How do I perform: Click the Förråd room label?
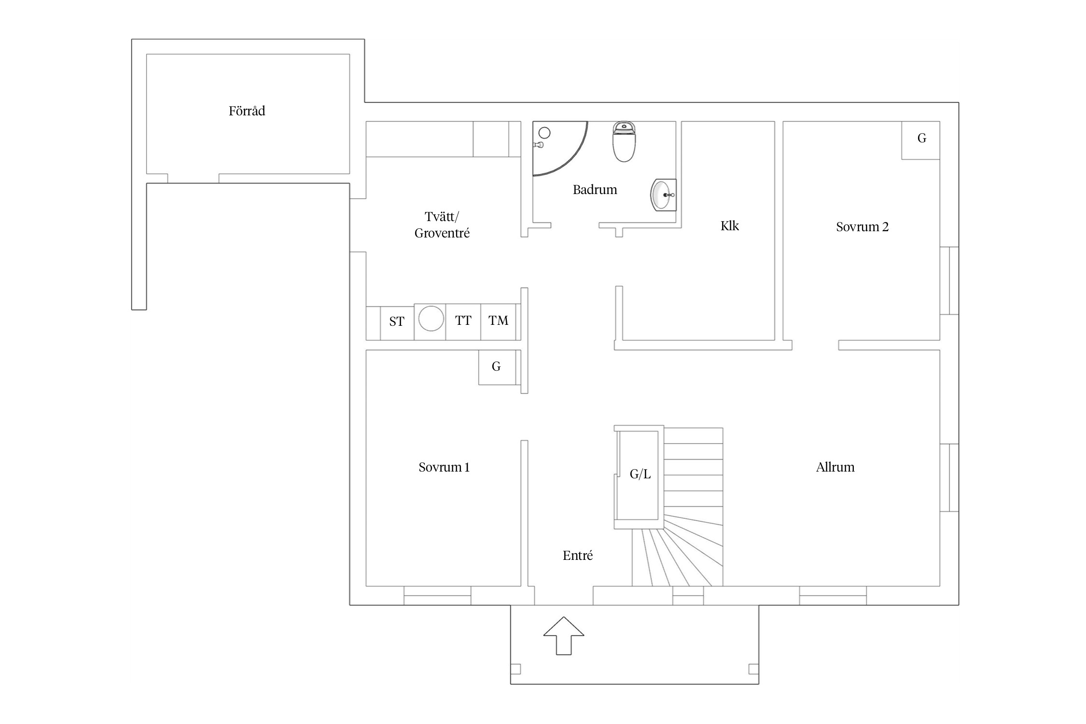[x=247, y=111]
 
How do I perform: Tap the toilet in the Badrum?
[x=624, y=141]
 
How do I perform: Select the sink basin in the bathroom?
[x=663, y=195]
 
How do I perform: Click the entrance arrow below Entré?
[x=564, y=636]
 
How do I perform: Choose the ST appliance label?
[x=397, y=321]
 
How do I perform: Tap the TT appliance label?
[x=463, y=320]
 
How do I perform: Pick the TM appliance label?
[x=499, y=320]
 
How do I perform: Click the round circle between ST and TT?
[x=431, y=319]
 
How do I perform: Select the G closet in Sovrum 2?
[x=921, y=140]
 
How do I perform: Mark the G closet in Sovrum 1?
[x=497, y=367]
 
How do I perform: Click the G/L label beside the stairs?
[x=640, y=474]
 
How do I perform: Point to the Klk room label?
[x=729, y=226]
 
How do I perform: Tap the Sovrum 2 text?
[x=862, y=227]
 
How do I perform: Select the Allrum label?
[x=835, y=467]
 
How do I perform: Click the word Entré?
[x=578, y=556]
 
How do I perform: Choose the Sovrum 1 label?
[x=444, y=467]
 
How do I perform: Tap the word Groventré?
[x=442, y=233]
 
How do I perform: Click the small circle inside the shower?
[x=544, y=133]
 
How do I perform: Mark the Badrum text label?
[x=595, y=190]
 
